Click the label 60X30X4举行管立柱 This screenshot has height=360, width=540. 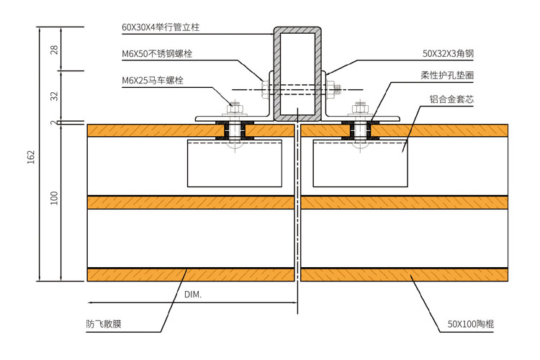160,27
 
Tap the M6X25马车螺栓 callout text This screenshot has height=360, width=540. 153,80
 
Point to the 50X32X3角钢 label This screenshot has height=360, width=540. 448,53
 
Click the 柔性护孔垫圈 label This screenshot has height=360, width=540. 446,75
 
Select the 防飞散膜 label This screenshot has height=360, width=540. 104,324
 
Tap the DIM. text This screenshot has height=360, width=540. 193,295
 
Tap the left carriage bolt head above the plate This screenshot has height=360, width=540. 234,108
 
